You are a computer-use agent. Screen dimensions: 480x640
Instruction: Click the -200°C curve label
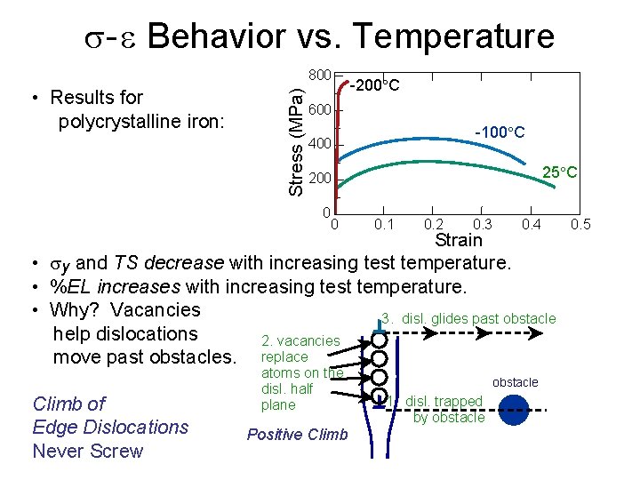coord(374,86)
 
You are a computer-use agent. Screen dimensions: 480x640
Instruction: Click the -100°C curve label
coord(500,132)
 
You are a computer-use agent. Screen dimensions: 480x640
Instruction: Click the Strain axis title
coord(458,240)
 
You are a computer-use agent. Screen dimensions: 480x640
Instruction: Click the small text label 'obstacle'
coord(516,382)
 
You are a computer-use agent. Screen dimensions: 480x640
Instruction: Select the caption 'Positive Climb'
coord(297,435)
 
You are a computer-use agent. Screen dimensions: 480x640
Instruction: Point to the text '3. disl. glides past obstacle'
coord(468,318)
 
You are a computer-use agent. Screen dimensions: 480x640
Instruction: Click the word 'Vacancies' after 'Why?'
coord(159,310)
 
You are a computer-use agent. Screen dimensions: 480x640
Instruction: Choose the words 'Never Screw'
coord(87,451)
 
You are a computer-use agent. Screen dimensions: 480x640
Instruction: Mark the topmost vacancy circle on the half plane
coord(379,340)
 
